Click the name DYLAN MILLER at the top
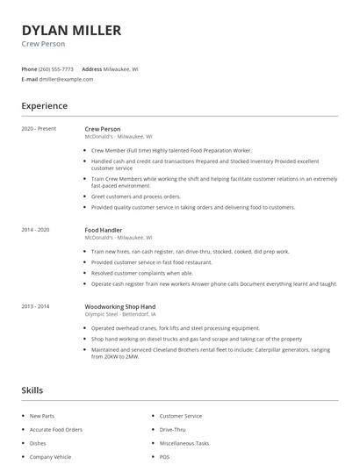tap(71, 30)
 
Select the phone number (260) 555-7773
tap(56, 68)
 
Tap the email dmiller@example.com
tap(66, 79)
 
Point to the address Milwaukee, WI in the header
tap(122, 68)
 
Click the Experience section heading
tap(45, 106)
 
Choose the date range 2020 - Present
tap(39, 129)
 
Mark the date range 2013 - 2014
tap(36, 305)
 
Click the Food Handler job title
tap(104, 230)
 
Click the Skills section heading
tap(32, 390)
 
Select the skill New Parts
tap(42, 416)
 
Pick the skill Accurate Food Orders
tap(56, 430)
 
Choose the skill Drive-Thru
tap(172, 430)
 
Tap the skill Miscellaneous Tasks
tap(184, 443)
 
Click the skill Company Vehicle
tap(50, 457)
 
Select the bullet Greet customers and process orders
tap(136, 197)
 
